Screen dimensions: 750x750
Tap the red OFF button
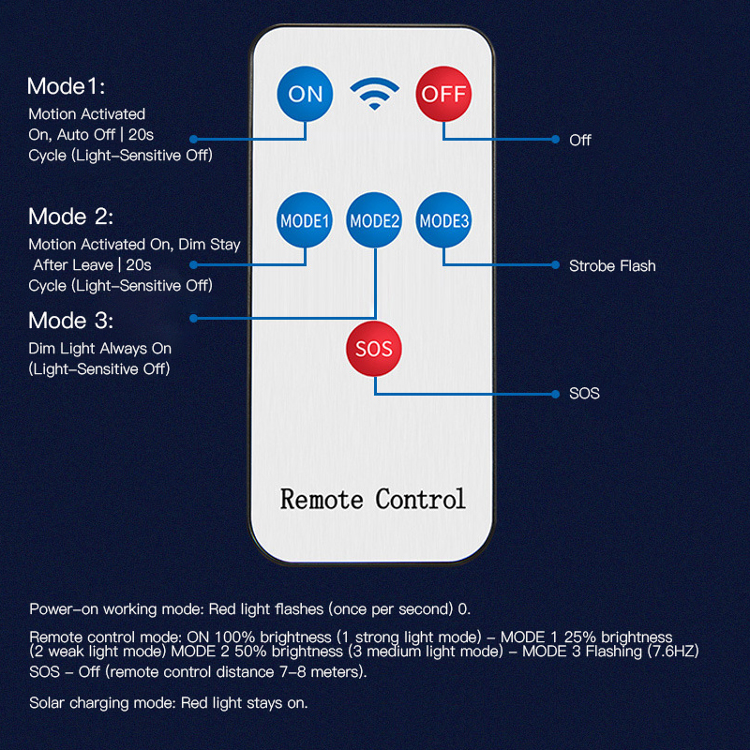(x=443, y=94)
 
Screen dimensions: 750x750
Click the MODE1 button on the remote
(x=305, y=221)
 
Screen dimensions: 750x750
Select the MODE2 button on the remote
(x=374, y=221)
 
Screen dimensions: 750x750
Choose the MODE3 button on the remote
(x=444, y=221)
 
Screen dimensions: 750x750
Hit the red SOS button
(x=374, y=349)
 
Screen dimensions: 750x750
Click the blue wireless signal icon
(x=374, y=93)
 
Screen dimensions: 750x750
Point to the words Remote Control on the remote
(x=372, y=498)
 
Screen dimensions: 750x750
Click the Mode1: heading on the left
(x=66, y=87)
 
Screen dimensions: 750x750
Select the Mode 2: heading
(x=70, y=217)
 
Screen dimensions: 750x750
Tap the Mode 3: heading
(x=70, y=321)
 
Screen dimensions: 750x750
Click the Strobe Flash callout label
(x=612, y=266)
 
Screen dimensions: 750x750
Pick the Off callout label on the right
(x=580, y=140)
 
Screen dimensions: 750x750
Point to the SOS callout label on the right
(x=584, y=394)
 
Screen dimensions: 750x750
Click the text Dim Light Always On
(x=100, y=349)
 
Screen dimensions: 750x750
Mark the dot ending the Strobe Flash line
(x=557, y=265)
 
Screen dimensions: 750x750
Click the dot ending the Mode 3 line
(x=194, y=319)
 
